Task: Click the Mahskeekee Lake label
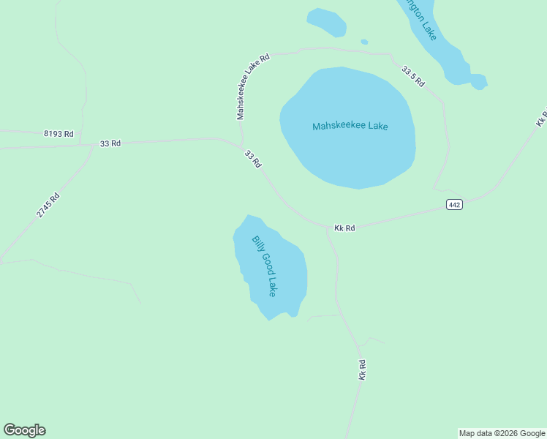350,126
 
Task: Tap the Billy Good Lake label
264,266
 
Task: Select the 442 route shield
454,204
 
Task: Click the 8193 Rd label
59,133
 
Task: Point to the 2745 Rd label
48,205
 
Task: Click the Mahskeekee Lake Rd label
253,86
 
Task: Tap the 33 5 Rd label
412,76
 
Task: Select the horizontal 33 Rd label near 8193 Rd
110,143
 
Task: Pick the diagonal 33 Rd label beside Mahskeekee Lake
252,160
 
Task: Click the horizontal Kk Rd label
344,228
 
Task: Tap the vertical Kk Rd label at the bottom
362,369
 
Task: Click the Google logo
24,430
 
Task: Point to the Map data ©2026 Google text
502,433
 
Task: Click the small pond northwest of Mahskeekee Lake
326,21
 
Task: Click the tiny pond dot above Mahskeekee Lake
364,42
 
